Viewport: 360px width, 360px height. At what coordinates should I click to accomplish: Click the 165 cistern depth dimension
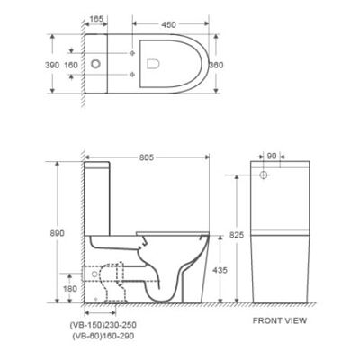pyautogui.click(x=97, y=17)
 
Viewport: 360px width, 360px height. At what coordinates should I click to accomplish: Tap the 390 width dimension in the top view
pyautogui.click(x=53, y=65)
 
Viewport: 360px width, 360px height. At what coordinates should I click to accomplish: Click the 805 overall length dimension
pyautogui.click(x=148, y=157)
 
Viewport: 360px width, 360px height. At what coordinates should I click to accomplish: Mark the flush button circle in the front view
pyautogui.click(x=266, y=174)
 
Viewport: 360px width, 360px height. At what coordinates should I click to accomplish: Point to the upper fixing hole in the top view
pyautogui.click(x=132, y=49)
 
